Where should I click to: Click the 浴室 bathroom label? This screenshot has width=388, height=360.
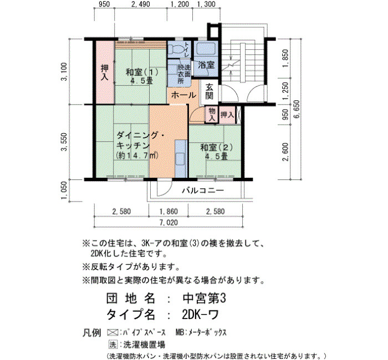206,65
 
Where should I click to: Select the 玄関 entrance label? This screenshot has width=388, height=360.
210,91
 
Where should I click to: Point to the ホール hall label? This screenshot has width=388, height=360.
183,95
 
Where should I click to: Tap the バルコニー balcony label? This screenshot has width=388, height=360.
203,191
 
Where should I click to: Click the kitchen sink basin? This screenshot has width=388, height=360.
180,159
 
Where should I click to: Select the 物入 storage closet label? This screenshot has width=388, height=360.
212,114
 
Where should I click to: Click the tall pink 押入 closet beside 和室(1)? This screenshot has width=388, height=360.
105,72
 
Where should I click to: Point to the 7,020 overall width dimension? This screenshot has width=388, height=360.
169,223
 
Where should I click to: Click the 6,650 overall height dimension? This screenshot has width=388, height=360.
296,109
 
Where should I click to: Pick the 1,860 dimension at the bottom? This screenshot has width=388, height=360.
169,212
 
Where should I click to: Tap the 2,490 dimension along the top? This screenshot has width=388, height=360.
141,4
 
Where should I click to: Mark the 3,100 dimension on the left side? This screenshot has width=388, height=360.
64,71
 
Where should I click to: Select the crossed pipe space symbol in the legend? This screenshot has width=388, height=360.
113,332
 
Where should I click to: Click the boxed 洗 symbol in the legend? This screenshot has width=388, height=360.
113,344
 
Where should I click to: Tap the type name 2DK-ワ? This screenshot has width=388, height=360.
201,315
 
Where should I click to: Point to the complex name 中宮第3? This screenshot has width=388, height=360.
205,299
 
